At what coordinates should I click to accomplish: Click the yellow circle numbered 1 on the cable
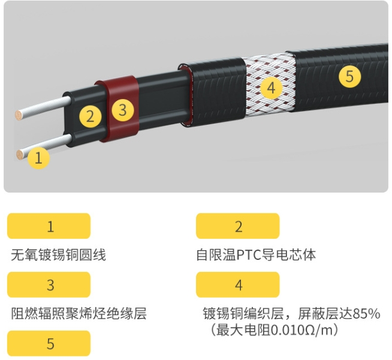click(38, 158)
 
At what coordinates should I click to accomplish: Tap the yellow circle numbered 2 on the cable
click(91, 116)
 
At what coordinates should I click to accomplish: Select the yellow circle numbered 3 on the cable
click(123, 110)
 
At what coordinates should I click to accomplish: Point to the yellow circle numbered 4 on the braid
click(272, 88)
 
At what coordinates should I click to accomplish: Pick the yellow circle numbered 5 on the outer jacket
click(350, 76)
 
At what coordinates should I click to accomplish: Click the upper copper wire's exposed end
click(19, 115)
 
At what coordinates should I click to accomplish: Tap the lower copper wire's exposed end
click(20, 155)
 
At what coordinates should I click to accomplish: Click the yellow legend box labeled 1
click(49, 226)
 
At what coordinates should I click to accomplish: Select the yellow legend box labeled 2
click(237, 226)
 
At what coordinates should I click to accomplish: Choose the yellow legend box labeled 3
click(49, 284)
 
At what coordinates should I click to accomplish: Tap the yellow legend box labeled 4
click(237, 284)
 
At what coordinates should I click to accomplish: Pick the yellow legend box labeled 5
click(49, 343)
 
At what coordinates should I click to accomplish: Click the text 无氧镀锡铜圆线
click(59, 255)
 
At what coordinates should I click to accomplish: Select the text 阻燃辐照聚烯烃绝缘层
click(79, 314)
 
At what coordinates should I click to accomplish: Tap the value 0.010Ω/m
click(303, 330)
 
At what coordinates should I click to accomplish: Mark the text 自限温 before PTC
click(216, 255)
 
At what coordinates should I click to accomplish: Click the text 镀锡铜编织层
click(243, 314)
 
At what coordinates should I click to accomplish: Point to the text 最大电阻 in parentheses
click(243, 330)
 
